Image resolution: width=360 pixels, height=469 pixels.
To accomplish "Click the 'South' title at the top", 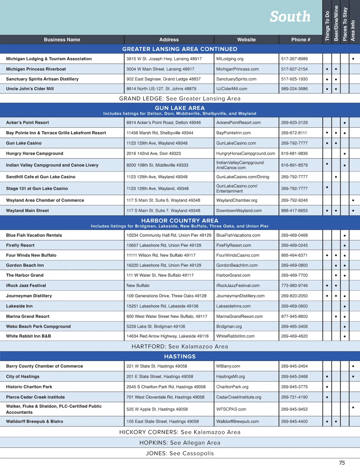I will (x=290, y=17).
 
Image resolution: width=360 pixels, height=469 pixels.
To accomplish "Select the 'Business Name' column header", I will (x=62, y=40).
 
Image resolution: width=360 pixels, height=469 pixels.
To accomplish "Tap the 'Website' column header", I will (x=246, y=40).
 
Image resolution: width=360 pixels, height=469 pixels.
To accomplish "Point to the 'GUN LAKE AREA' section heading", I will (x=180, y=108).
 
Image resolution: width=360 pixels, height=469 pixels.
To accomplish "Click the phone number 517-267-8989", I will (x=294, y=59).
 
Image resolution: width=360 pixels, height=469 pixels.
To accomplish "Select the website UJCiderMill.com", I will (x=232, y=89).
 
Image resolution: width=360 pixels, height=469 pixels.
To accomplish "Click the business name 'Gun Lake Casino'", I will (x=24, y=143).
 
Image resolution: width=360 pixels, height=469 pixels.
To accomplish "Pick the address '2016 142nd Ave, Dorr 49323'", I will (x=154, y=153).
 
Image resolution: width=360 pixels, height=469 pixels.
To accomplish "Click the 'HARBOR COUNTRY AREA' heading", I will (x=180, y=220).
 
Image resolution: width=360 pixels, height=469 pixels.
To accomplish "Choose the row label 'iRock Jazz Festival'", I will (x=26, y=285).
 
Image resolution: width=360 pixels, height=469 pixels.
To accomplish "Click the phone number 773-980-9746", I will (x=294, y=285).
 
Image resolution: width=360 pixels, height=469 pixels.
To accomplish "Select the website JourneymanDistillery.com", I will (x=240, y=296).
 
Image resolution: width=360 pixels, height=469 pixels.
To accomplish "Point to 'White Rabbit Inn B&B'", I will (x=28, y=336).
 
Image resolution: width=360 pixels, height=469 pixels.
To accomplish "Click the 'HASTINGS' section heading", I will (x=180, y=356).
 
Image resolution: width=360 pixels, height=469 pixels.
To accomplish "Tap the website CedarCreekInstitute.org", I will (x=239, y=397).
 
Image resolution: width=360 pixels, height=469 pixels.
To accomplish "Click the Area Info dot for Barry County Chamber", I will (x=353, y=366).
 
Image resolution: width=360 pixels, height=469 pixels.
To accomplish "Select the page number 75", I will (x=342, y=463).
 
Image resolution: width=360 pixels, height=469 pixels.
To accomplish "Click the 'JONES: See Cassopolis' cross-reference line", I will (x=180, y=453).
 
